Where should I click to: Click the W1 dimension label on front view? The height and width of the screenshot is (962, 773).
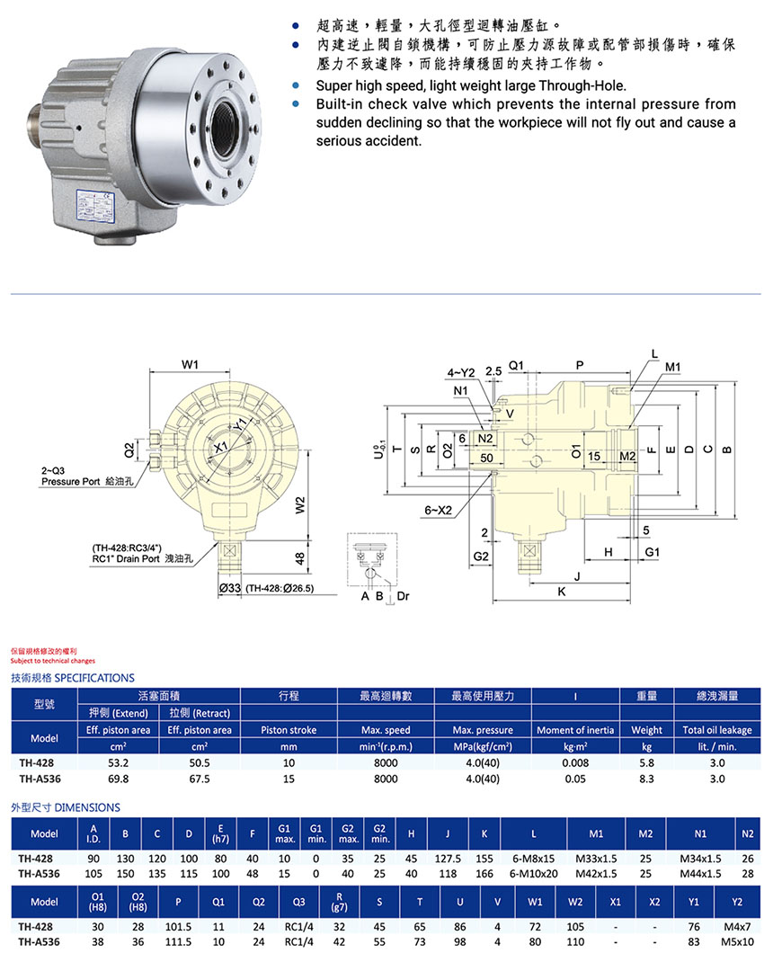tap(190, 364)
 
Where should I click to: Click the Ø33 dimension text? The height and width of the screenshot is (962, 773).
tap(230, 588)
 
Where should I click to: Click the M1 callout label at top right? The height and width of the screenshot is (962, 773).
tap(673, 367)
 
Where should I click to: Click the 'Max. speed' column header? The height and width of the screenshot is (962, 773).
tap(385, 730)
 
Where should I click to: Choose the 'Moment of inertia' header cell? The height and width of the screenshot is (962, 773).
tap(574, 730)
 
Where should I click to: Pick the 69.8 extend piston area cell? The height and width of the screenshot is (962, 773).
tap(118, 779)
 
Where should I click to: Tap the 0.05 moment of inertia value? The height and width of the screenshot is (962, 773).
tap(574, 779)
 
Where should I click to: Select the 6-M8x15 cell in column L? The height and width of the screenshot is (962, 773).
tap(534, 858)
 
